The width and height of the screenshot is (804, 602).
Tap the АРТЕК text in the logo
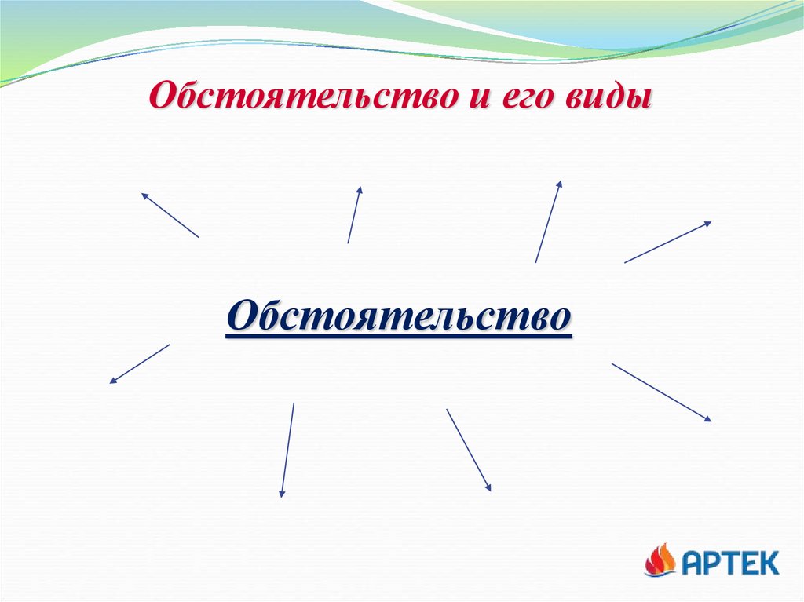729,562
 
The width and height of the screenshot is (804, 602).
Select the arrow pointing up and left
170,215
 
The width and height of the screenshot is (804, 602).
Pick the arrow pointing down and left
140,363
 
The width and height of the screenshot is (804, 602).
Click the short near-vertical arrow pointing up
354,214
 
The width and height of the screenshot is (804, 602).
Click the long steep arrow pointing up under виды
548,221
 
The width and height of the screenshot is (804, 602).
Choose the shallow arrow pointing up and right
667,242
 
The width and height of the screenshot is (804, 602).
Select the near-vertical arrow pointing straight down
287,450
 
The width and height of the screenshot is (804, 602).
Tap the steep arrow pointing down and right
468,450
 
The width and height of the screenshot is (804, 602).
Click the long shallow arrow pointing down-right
661,392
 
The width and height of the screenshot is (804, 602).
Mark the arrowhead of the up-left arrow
144,195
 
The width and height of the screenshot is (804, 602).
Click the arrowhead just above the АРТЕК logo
707,419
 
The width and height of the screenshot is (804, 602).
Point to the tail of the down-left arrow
168,345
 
